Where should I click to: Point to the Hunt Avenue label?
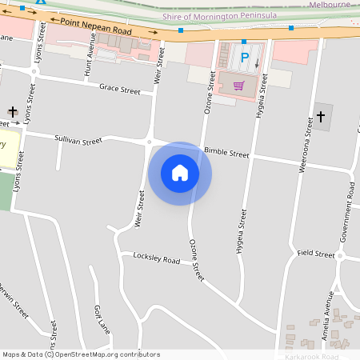(90, 60)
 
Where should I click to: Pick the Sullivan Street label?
(78, 140)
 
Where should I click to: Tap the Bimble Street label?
(226, 152)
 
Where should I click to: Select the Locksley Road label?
(157, 260)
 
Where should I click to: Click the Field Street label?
(315, 254)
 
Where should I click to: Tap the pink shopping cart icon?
(238, 85)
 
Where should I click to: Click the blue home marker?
(180, 173)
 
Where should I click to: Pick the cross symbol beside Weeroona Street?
(321, 117)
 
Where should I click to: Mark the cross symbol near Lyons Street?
(13, 113)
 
